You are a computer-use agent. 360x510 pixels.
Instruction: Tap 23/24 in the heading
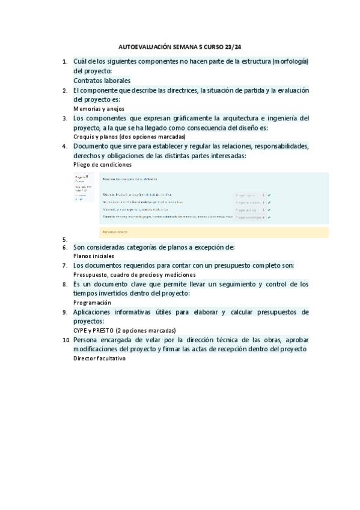[239, 46]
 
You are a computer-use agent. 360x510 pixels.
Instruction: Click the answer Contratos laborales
[102, 80]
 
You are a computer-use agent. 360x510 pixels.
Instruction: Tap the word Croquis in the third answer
[84, 137]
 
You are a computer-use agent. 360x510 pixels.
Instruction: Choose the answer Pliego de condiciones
[102, 165]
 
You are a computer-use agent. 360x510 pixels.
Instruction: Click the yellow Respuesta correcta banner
[214, 232]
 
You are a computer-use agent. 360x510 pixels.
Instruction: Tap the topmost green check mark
[269, 195]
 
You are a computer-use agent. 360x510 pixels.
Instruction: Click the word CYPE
[81, 330]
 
